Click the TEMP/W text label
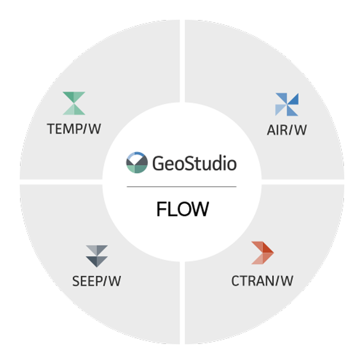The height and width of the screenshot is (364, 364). coord(74,130)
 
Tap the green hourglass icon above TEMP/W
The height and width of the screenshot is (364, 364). coord(74,103)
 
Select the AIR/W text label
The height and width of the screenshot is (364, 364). coord(287,131)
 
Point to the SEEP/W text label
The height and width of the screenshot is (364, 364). coord(97,281)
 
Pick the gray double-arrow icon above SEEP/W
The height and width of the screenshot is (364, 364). coord(97,256)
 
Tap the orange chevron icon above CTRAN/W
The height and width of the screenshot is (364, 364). coord(262,253)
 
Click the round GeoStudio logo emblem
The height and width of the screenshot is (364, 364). coord(136,163)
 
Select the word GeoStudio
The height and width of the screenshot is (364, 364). coord(195,164)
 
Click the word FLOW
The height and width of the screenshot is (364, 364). coord(182,210)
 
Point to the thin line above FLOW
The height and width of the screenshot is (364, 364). coord(182,186)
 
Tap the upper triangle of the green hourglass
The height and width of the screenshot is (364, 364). coord(74,97)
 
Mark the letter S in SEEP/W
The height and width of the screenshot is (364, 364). coord(76,281)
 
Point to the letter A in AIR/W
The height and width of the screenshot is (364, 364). coord(272,131)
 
